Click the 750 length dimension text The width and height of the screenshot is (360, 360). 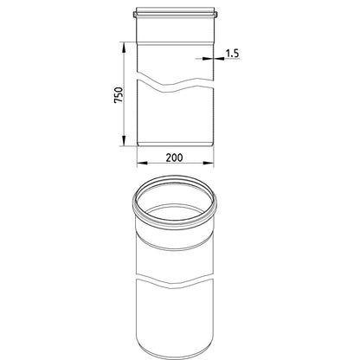tap(119, 95)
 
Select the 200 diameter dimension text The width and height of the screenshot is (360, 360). tap(174, 157)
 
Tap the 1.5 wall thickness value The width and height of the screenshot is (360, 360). tap(232, 54)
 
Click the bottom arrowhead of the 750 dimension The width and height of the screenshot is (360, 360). tap(124, 141)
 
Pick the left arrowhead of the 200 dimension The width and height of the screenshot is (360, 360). tap(142, 164)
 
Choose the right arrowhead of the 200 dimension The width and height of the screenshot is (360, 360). tap(209, 164)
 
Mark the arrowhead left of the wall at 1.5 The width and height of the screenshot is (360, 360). tap(208, 59)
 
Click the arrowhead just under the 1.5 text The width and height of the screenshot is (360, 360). tap(220, 59)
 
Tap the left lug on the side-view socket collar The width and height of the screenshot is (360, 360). tap(135, 14)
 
